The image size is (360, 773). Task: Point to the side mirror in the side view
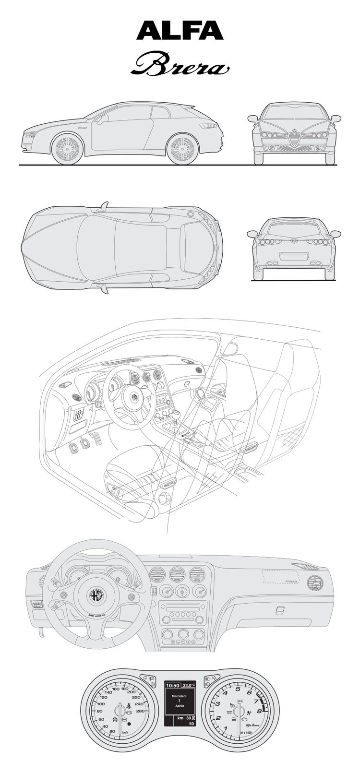tap(102, 118)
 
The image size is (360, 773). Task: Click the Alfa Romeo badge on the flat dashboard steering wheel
tap(95, 595)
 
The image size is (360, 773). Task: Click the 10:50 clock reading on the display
tap(173, 685)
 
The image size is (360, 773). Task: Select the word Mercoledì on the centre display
tap(179, 694)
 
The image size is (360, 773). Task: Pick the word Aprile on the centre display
tap(179, 706)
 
